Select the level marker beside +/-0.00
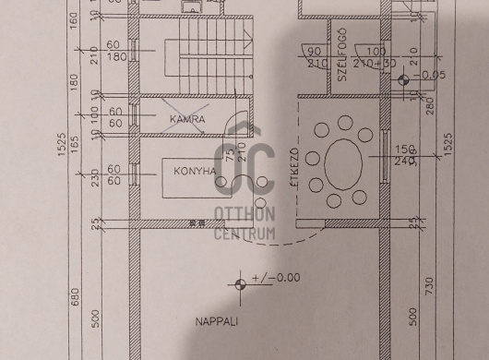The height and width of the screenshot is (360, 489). [242, 283]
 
